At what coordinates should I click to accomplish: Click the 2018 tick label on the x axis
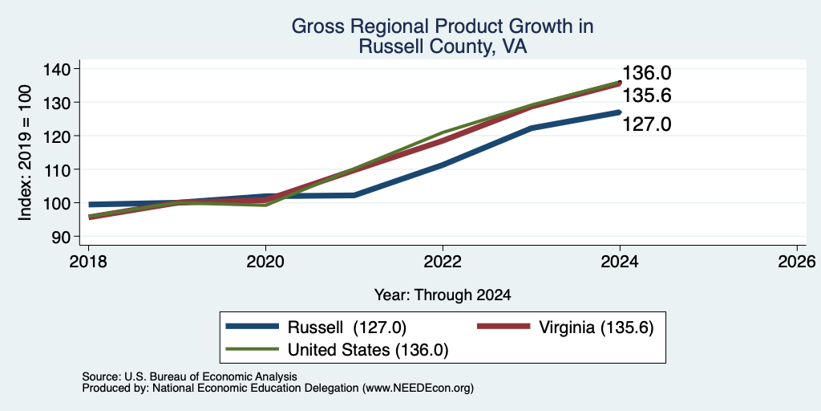coord(88,262)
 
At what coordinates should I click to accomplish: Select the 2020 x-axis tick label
coord(265,262)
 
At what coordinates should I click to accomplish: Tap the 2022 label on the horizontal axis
coord(443,262)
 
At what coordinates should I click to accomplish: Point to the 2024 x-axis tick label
coord(620,262)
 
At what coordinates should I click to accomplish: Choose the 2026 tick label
coord(797,262)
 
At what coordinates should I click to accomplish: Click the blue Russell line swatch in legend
coord(252,327)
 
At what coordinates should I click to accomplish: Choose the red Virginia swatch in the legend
coord(504,327)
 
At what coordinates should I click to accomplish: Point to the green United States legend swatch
coord(252,349)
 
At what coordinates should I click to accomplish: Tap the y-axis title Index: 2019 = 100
coord(25,153)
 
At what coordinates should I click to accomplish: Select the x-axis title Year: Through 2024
coord(443,295)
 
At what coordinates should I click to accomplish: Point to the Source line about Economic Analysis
coord(189,376)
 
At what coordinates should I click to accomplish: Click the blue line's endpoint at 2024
coord(620,112)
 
